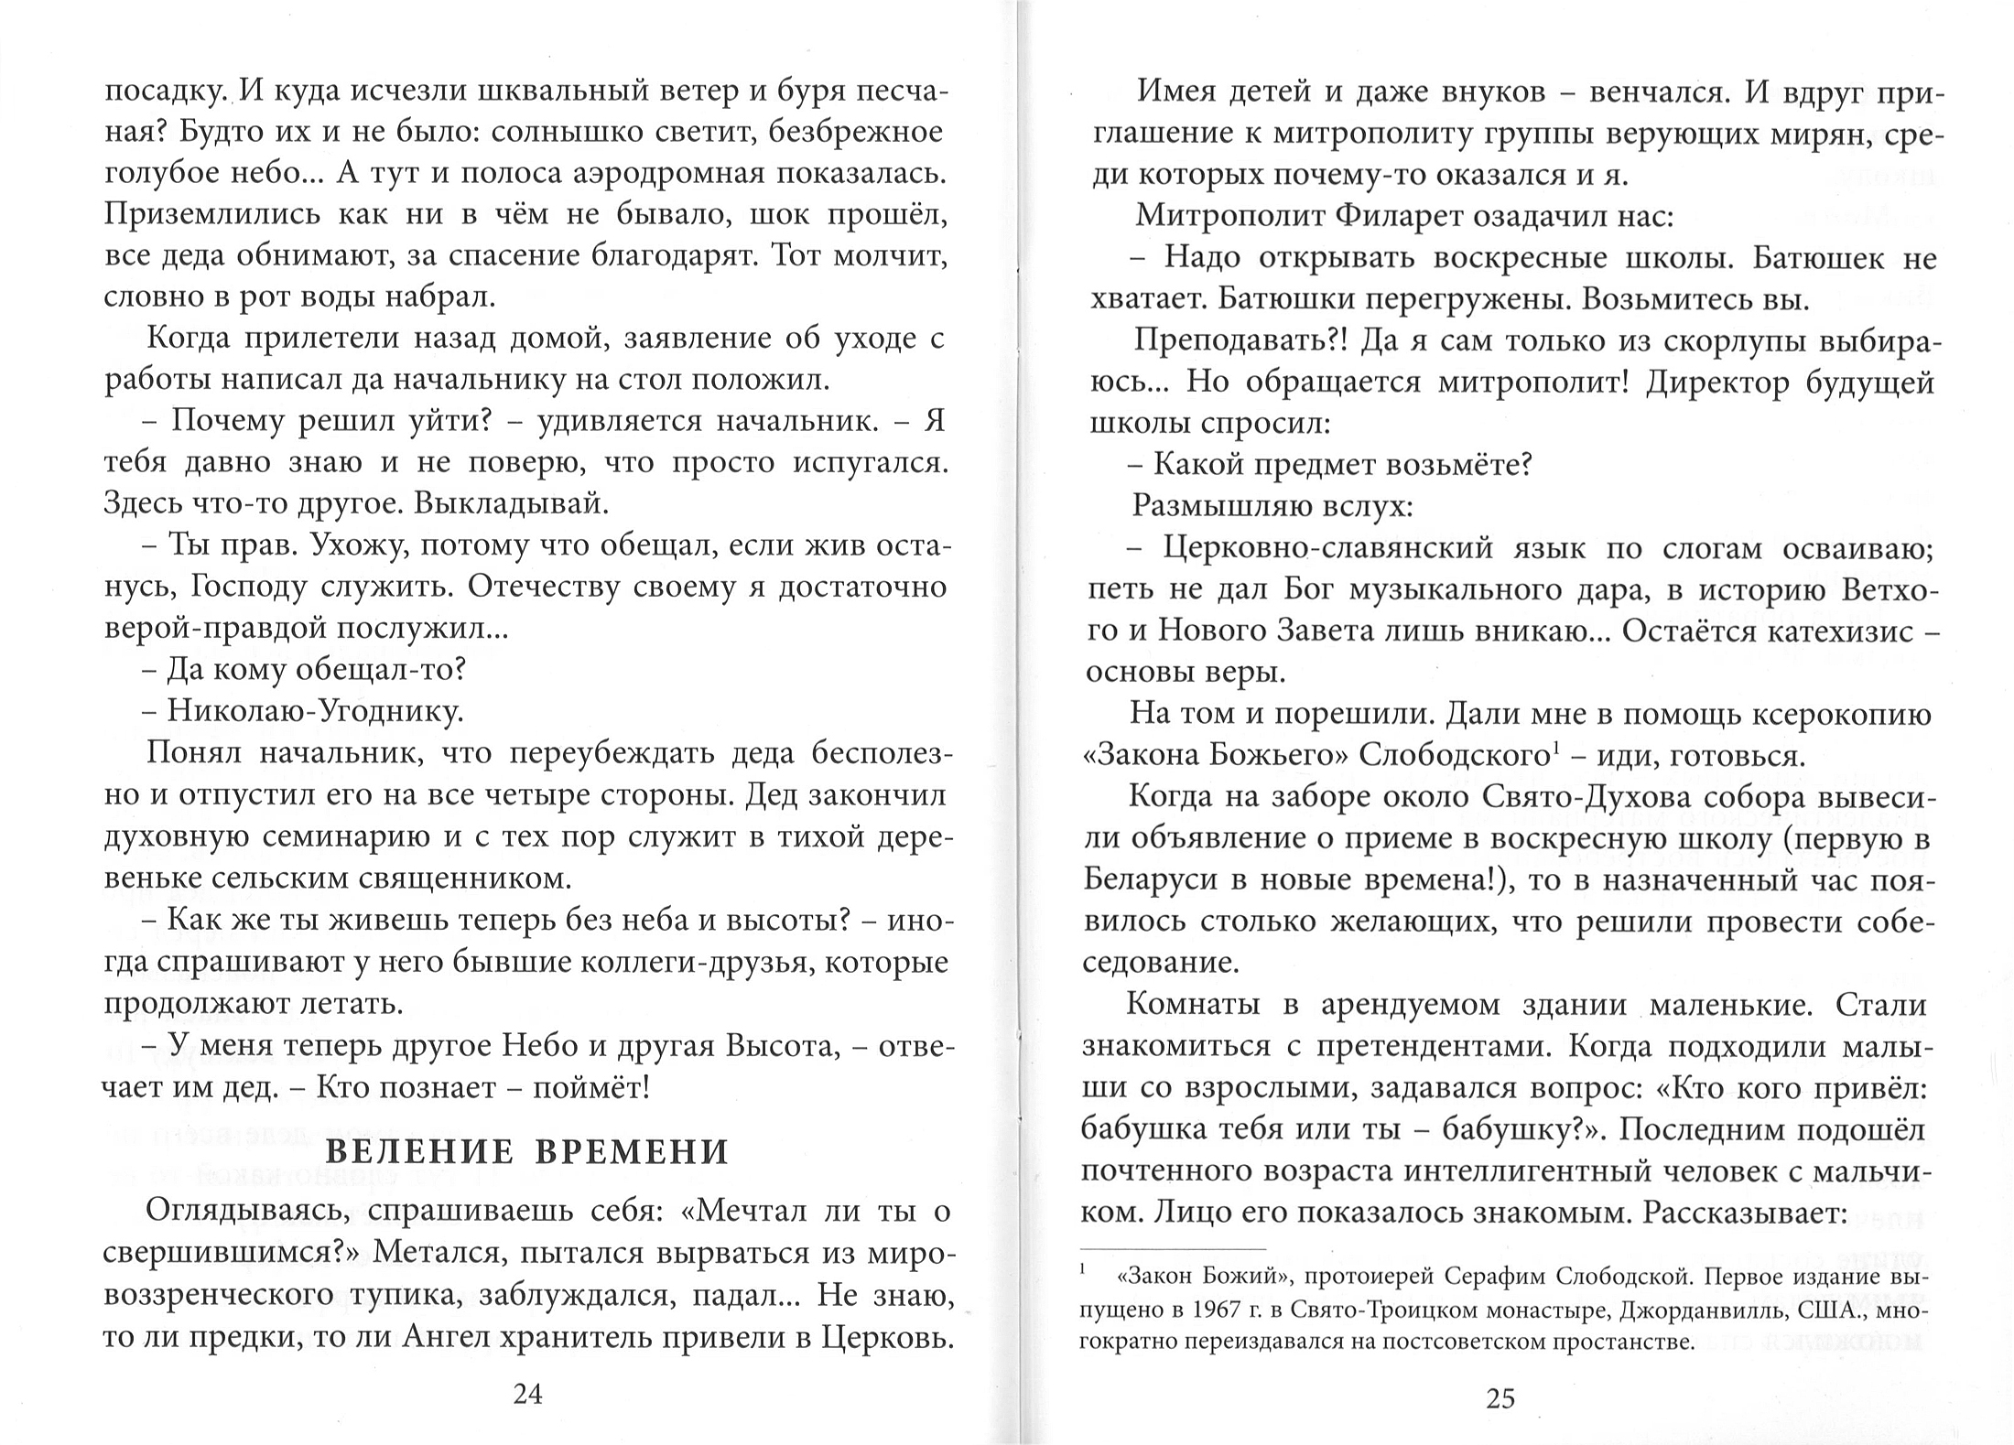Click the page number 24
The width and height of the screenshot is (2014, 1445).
pos(528,1394)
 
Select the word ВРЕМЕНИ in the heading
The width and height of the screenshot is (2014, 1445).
pos(631,1152)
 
